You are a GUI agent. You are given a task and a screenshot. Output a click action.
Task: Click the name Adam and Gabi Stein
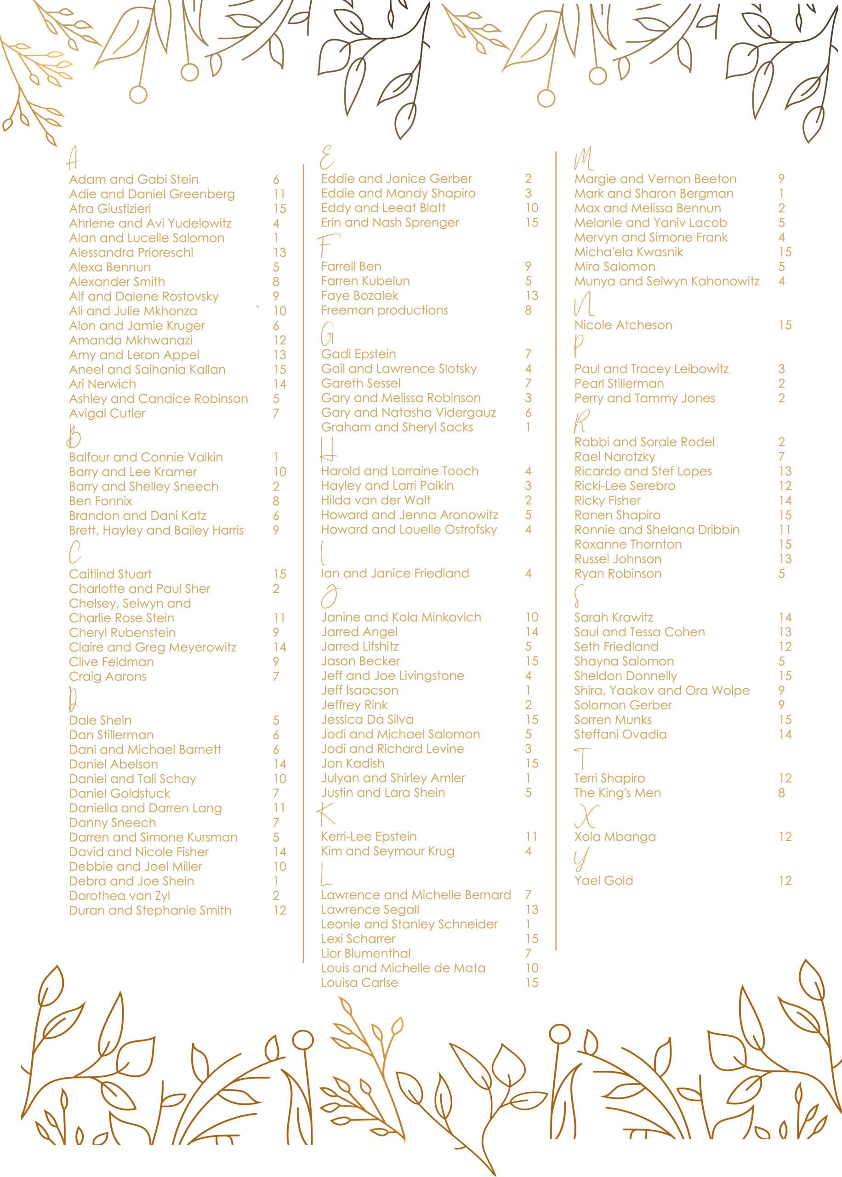[x=134, y=179]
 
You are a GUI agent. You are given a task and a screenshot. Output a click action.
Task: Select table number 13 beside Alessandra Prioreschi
[x=279, y=252]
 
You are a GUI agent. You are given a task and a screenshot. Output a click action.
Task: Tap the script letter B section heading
[x=74, y=437]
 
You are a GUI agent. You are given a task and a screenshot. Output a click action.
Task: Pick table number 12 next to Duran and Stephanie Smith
[x=279, y=910]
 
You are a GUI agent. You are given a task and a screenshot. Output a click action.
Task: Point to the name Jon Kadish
[x=353, y=764]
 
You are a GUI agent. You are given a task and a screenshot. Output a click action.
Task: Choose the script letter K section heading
[x=326, y=815]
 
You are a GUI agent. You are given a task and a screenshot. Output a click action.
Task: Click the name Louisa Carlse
[x=359, y=983]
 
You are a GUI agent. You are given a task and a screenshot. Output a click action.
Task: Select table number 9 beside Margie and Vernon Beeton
[x=781, y=179]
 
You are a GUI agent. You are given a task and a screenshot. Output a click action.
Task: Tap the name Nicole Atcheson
[x=623, y=326]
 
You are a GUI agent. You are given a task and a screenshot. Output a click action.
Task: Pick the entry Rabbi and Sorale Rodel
[x=644, y=442]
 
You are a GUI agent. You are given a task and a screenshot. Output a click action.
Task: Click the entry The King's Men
[x=618, y=793]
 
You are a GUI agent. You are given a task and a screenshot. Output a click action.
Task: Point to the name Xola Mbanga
[x=615, y=837]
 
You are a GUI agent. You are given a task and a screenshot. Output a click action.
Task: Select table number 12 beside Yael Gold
[x=785, y=881]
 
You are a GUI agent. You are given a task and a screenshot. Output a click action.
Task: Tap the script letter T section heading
[x=583, y=758]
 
